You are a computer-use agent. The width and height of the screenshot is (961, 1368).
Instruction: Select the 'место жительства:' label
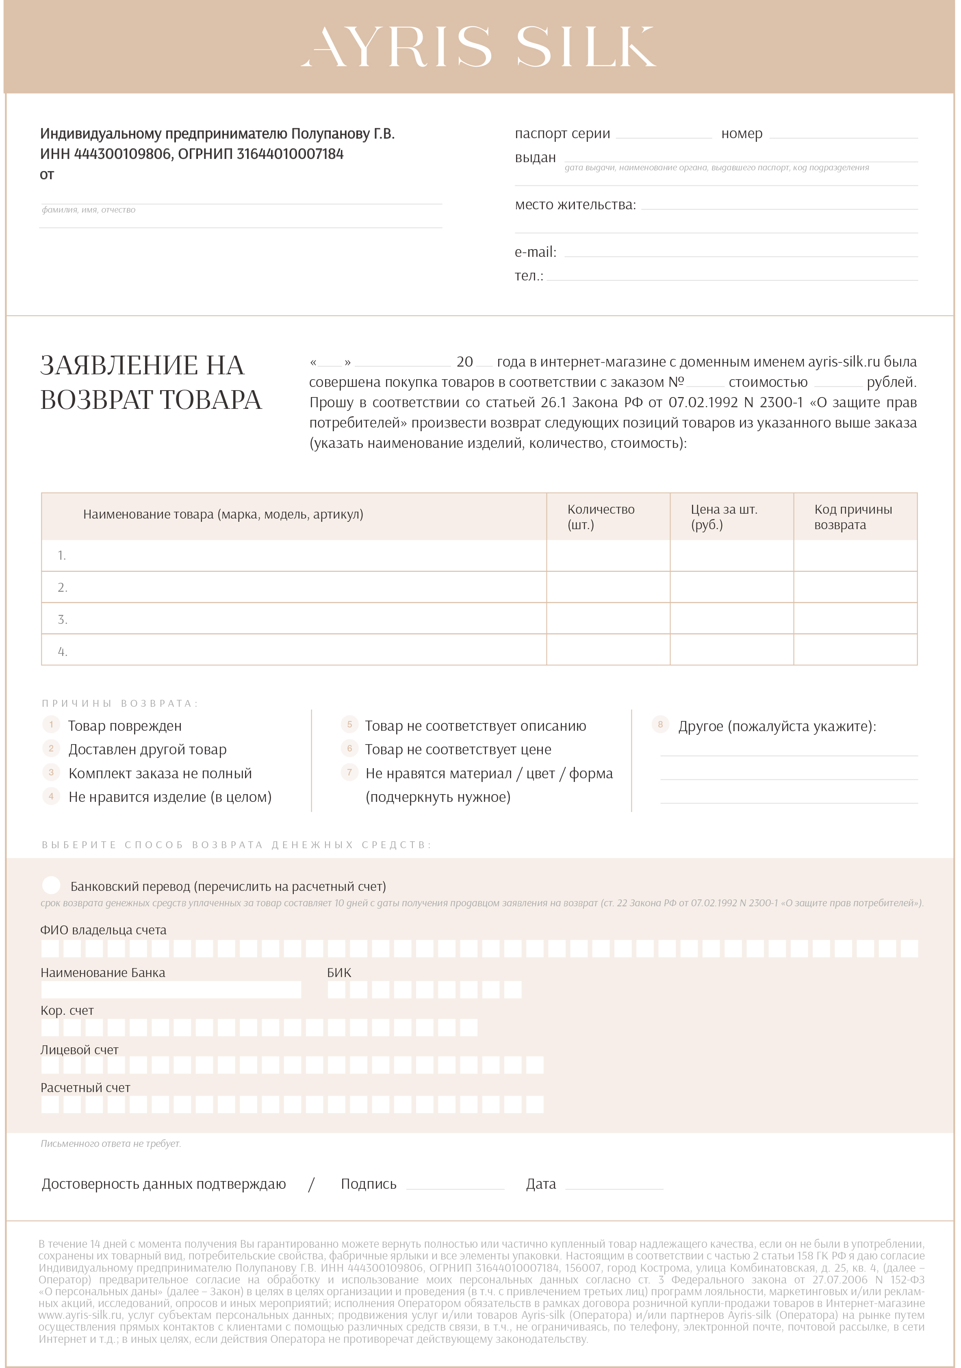[575, 205]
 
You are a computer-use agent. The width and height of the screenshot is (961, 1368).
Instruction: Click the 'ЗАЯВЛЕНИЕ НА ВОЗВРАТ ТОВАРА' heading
[151, 382]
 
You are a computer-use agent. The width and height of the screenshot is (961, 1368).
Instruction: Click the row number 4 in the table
[62, 651]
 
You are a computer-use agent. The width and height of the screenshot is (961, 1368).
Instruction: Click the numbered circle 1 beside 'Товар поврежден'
[51, 725]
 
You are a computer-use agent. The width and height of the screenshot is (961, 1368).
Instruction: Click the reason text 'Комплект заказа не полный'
[160, 773]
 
